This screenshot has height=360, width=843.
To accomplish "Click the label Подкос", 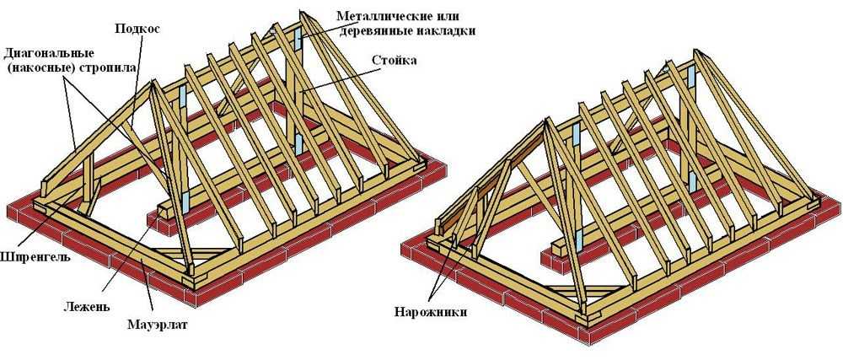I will pyautogui.click(x=138, y=28).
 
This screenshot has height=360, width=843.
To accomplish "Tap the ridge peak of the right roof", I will pyautogui.click(x=695, y=52).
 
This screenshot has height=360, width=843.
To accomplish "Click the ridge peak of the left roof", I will pyautogui.click(x=302, y=13).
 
